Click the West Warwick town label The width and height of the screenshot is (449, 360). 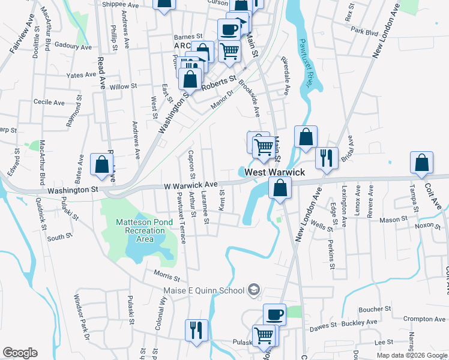point(274,172)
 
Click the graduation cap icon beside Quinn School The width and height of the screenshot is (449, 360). point(254,291)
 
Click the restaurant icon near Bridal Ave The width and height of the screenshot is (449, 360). point(327,158)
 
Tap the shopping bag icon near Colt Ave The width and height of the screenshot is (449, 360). point(422,163)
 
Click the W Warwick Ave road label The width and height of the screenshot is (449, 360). point(190,185)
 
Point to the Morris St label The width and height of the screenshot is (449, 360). point(166,277)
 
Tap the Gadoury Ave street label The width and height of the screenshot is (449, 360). point(73,46)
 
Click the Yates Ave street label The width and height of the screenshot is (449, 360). point(82,76)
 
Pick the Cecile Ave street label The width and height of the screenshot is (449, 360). point(49,103)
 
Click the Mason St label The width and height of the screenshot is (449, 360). point(393,220)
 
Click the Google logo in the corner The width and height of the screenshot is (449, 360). point(20,353)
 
